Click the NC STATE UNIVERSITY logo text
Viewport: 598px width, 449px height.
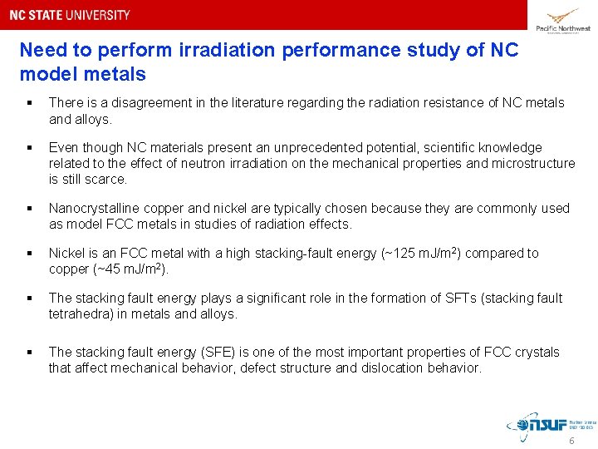[x=70, y=15]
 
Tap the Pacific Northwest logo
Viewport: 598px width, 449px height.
[x=563, y=20]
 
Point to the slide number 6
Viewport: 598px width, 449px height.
[x=571, y=441]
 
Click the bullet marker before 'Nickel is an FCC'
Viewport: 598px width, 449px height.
[x=28, y=253]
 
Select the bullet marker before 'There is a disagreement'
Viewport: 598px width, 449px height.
[x=28, y=103]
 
